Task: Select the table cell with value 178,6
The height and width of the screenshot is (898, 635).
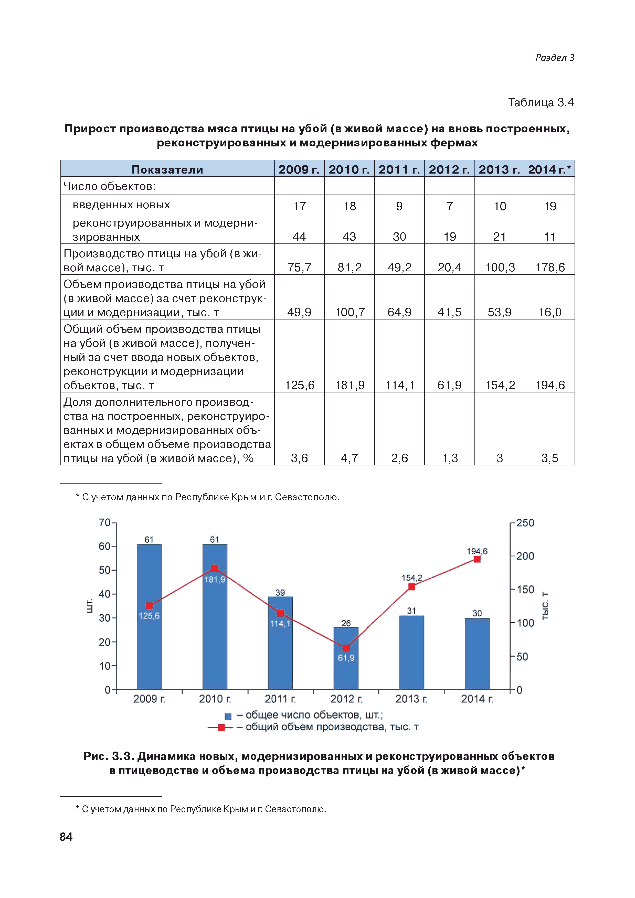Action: coord(550,267)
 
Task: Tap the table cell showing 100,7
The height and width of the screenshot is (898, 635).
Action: coord(350,312)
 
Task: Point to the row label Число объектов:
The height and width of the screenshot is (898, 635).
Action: coord(110,186)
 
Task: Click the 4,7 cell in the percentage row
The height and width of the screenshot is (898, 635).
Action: coord(350,458)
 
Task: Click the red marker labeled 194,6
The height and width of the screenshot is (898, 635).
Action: coord(477,559)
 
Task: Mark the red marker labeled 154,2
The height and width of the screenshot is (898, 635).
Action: coord(411,587)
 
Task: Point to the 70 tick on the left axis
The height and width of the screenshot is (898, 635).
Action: coord(105,522)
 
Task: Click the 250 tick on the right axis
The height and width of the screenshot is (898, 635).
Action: coord(525,523)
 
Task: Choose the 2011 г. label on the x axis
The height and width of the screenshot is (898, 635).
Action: coord(280,699)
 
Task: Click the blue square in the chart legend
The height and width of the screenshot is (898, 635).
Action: coord(228,717)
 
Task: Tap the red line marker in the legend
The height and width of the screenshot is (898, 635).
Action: coord(221,728)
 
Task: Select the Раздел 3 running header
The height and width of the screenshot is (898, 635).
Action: coord(554,58)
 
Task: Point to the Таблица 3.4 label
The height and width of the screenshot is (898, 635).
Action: coord(541,102)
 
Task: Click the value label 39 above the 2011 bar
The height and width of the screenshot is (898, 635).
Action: coord(280,592)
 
